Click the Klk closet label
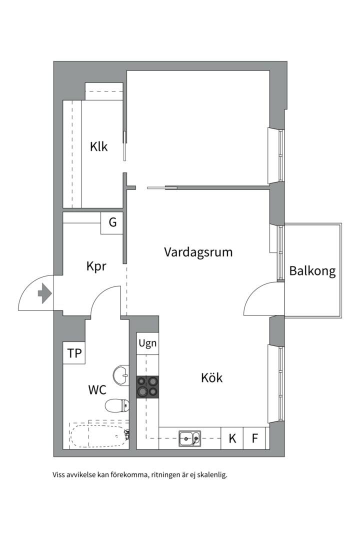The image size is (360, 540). (98, 147)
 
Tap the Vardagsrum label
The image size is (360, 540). (198, 252)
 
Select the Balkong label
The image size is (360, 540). (312, 271)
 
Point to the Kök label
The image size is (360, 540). (211, 377)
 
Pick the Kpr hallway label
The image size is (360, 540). (96, 266)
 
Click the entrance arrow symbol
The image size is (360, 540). (44, 293)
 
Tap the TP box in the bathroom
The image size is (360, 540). (74, 353)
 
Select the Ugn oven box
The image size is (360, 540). (147, 343)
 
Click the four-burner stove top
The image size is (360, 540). (147, 386)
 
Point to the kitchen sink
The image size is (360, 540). (190, 438)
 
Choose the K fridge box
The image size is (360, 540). (232, 438)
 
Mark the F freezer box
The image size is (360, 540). (255, 438)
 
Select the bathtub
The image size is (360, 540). (97, 436)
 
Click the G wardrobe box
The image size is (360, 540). (112, 222)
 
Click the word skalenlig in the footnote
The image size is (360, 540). (212, 475)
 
